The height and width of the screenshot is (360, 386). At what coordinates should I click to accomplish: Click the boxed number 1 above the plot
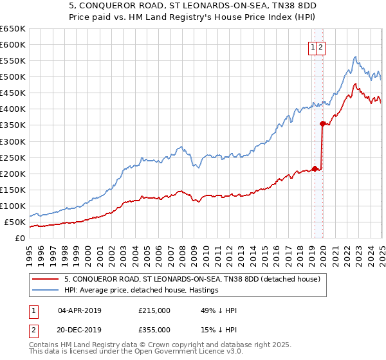313,46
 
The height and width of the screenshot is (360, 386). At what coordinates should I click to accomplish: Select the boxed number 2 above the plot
320,46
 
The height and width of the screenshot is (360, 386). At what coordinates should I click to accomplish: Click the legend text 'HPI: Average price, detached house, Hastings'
141,290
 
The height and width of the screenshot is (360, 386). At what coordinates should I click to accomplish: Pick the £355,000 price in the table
154,329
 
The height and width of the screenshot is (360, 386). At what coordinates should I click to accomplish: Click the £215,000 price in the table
154,311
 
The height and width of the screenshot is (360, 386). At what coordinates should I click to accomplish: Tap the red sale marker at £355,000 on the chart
322,123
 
